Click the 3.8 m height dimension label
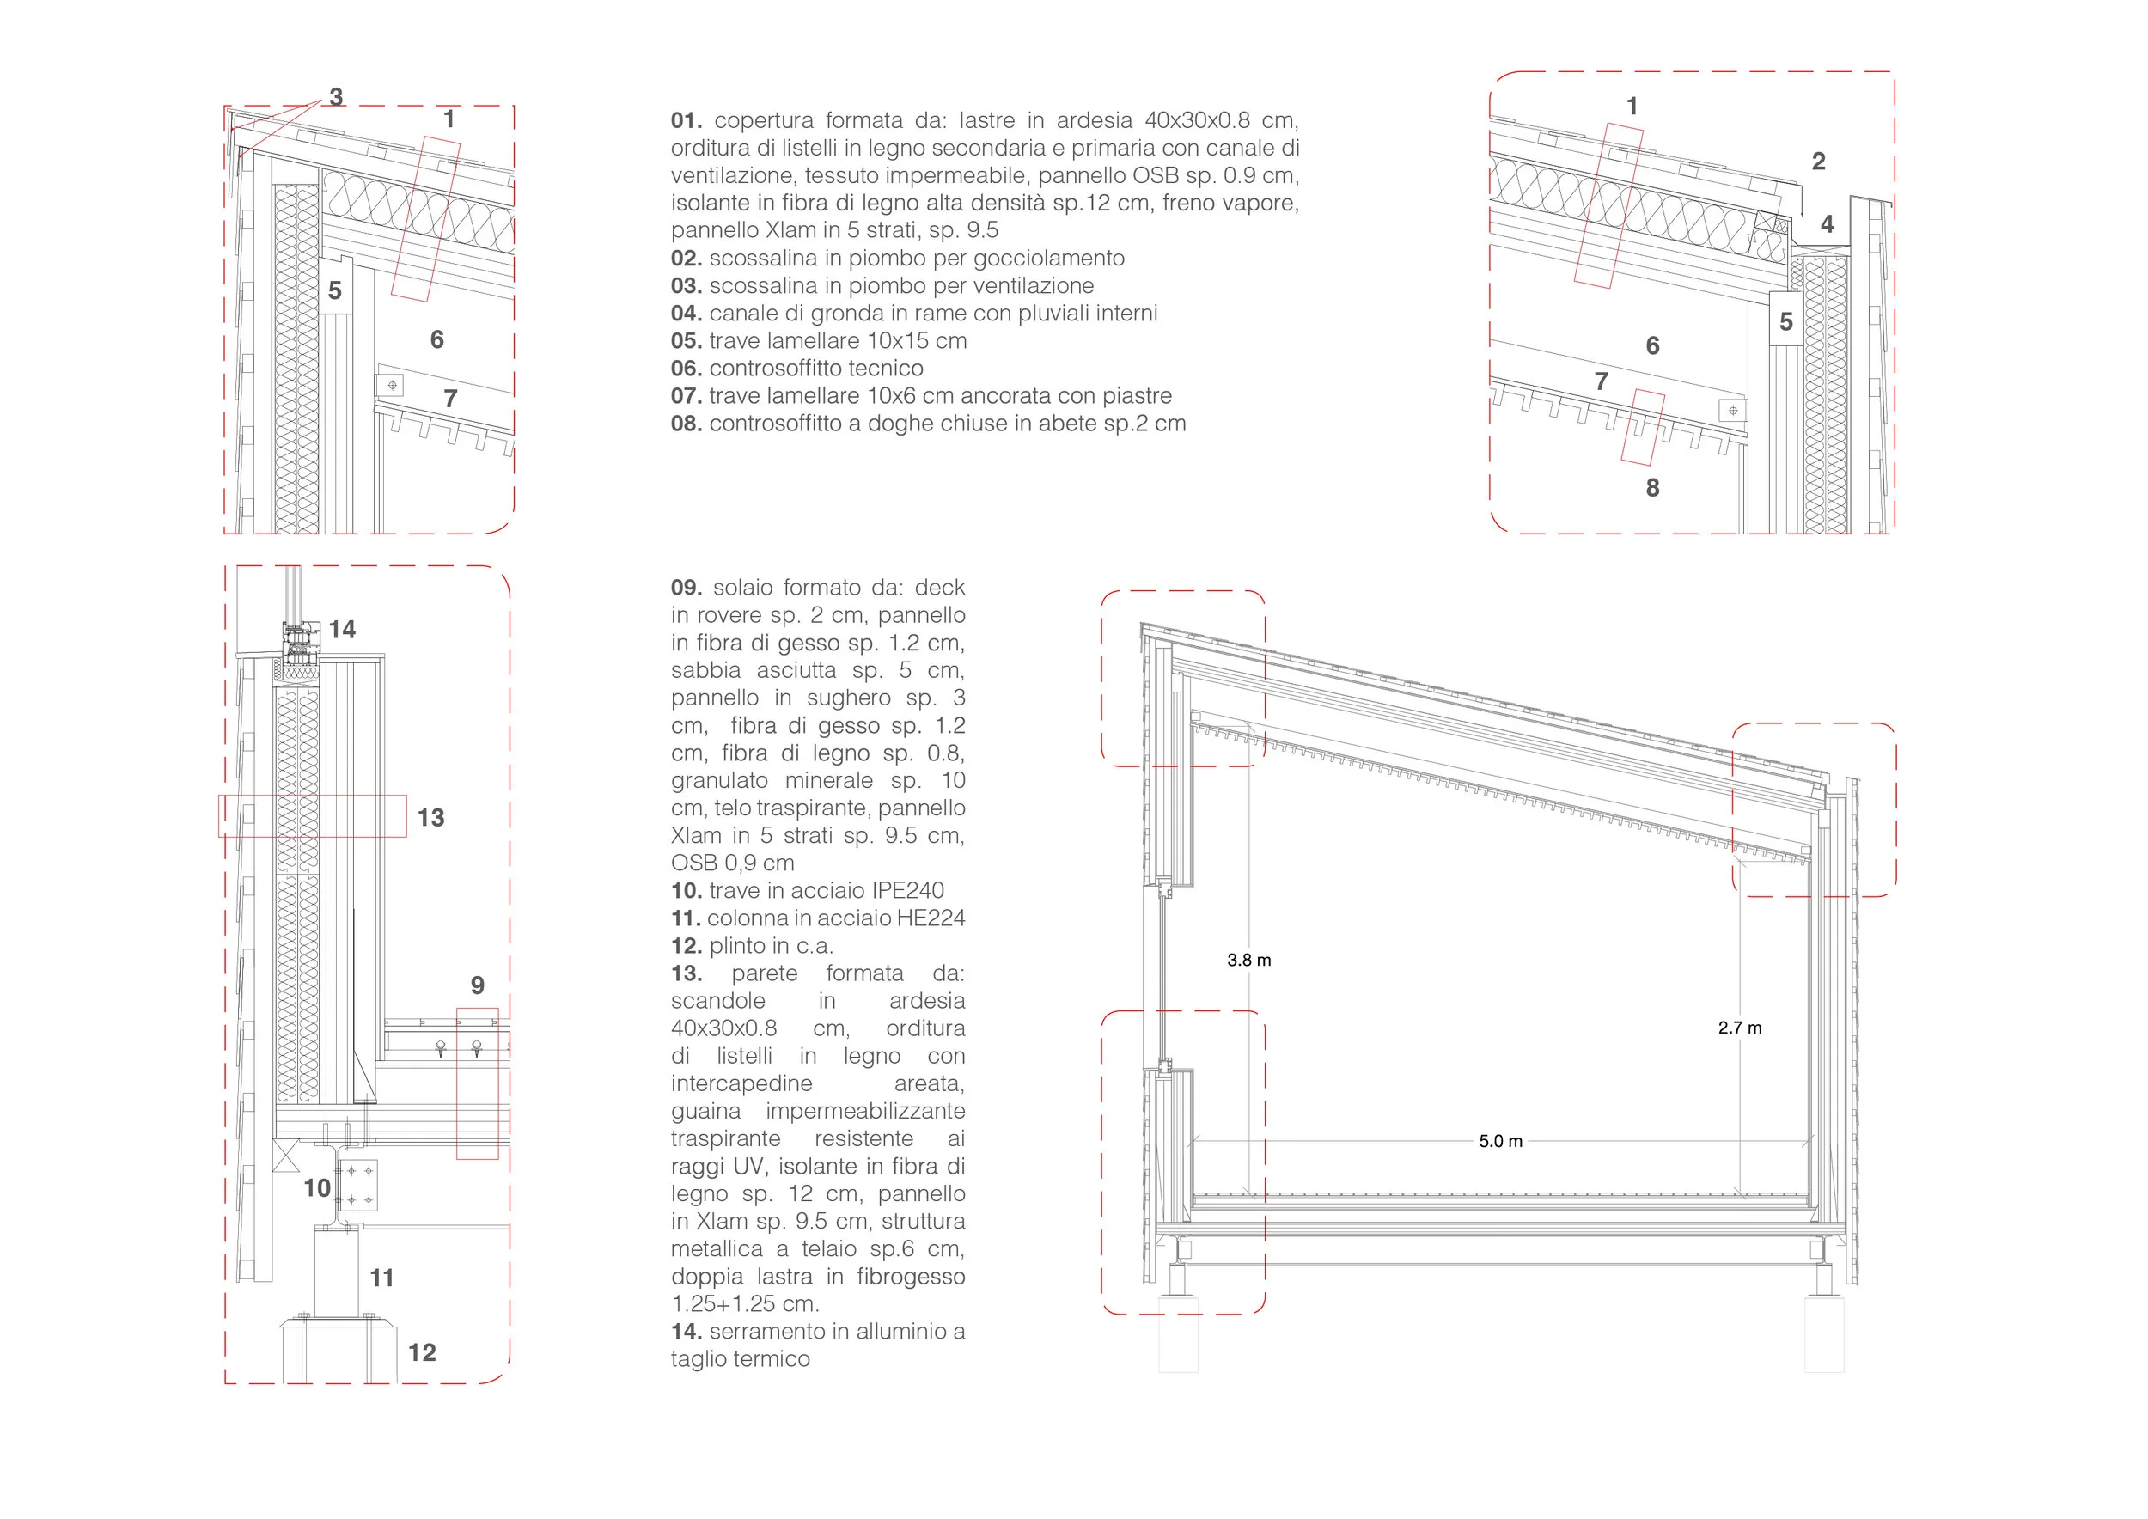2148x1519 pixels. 1249,960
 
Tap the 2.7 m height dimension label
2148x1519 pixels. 1739,1027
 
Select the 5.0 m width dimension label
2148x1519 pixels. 1501,1141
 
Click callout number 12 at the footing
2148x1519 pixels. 422,1352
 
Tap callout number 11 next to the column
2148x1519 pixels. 381,1278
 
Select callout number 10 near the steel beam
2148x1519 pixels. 316,1188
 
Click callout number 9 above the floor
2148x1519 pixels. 477,985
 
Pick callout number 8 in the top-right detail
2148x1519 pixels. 1652,487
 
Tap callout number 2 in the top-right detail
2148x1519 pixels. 1818,161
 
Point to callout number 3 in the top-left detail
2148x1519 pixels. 336,96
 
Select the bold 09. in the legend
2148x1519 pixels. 686,588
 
